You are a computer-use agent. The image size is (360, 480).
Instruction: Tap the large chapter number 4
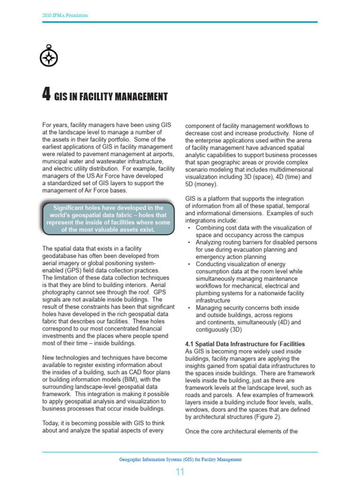[46, 96]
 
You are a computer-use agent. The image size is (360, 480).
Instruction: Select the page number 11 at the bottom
[180, 472]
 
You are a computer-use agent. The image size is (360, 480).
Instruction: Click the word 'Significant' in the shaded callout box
[72, 208]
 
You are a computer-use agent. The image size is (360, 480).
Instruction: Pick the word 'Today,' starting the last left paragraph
[52, 423]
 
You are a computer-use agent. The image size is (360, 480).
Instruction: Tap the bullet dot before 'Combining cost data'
[188, 228]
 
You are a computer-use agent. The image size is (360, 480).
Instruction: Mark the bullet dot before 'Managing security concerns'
[188, 308]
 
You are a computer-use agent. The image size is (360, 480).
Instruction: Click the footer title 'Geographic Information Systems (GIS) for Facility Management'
[180, 459]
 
